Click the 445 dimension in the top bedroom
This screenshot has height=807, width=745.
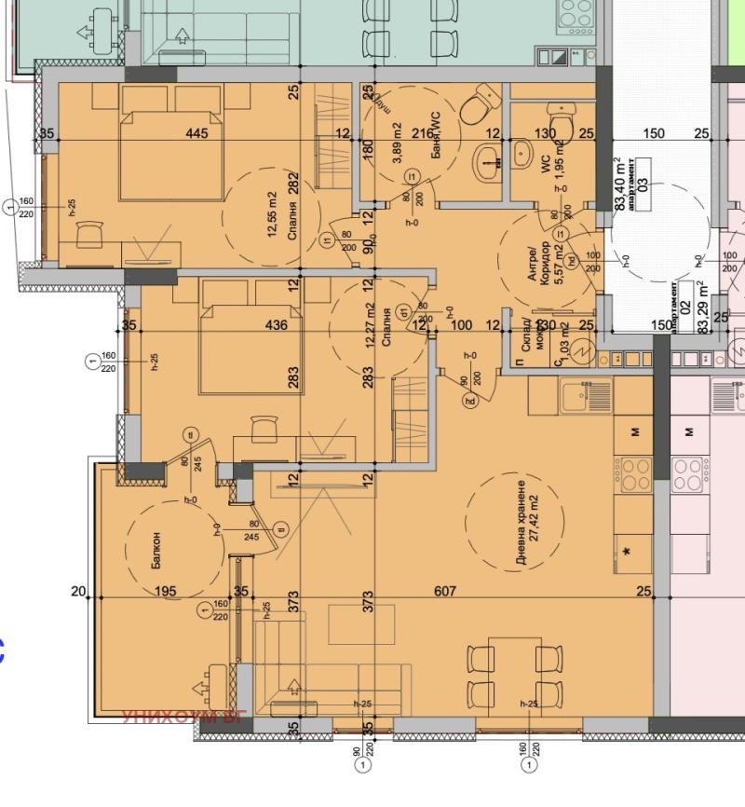196,134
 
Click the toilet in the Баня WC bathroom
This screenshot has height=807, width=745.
481,104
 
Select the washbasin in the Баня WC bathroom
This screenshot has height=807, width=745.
486,160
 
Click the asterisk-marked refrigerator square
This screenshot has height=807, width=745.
632,555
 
